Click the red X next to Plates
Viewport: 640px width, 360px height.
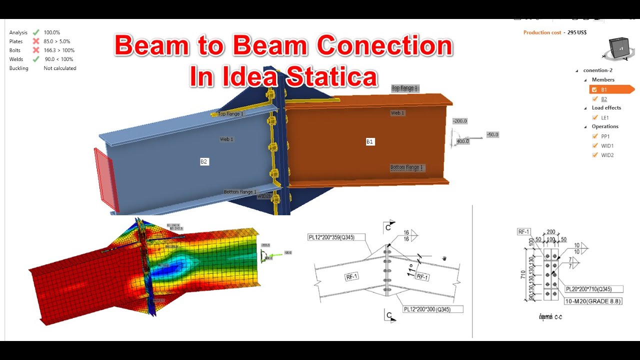(36, 41)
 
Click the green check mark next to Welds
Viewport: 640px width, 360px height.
(36, 59)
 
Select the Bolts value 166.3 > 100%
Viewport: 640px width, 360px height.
(59, 50)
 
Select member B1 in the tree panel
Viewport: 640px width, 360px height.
(604, 89)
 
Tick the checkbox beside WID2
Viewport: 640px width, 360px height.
(594, 155)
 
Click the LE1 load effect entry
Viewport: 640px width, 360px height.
(605, 118)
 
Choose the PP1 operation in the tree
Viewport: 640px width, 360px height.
(605, 136)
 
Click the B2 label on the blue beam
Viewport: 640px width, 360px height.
(204, 161)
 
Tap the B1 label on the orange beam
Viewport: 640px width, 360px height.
(369, 142)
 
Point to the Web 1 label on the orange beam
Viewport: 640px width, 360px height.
(397, 113)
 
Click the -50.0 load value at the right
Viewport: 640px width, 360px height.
(492, 135)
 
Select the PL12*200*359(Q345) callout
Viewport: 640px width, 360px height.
(331, 237)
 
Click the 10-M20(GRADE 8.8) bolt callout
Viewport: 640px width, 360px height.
(593, 301)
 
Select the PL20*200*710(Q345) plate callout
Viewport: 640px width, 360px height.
(594, 289)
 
